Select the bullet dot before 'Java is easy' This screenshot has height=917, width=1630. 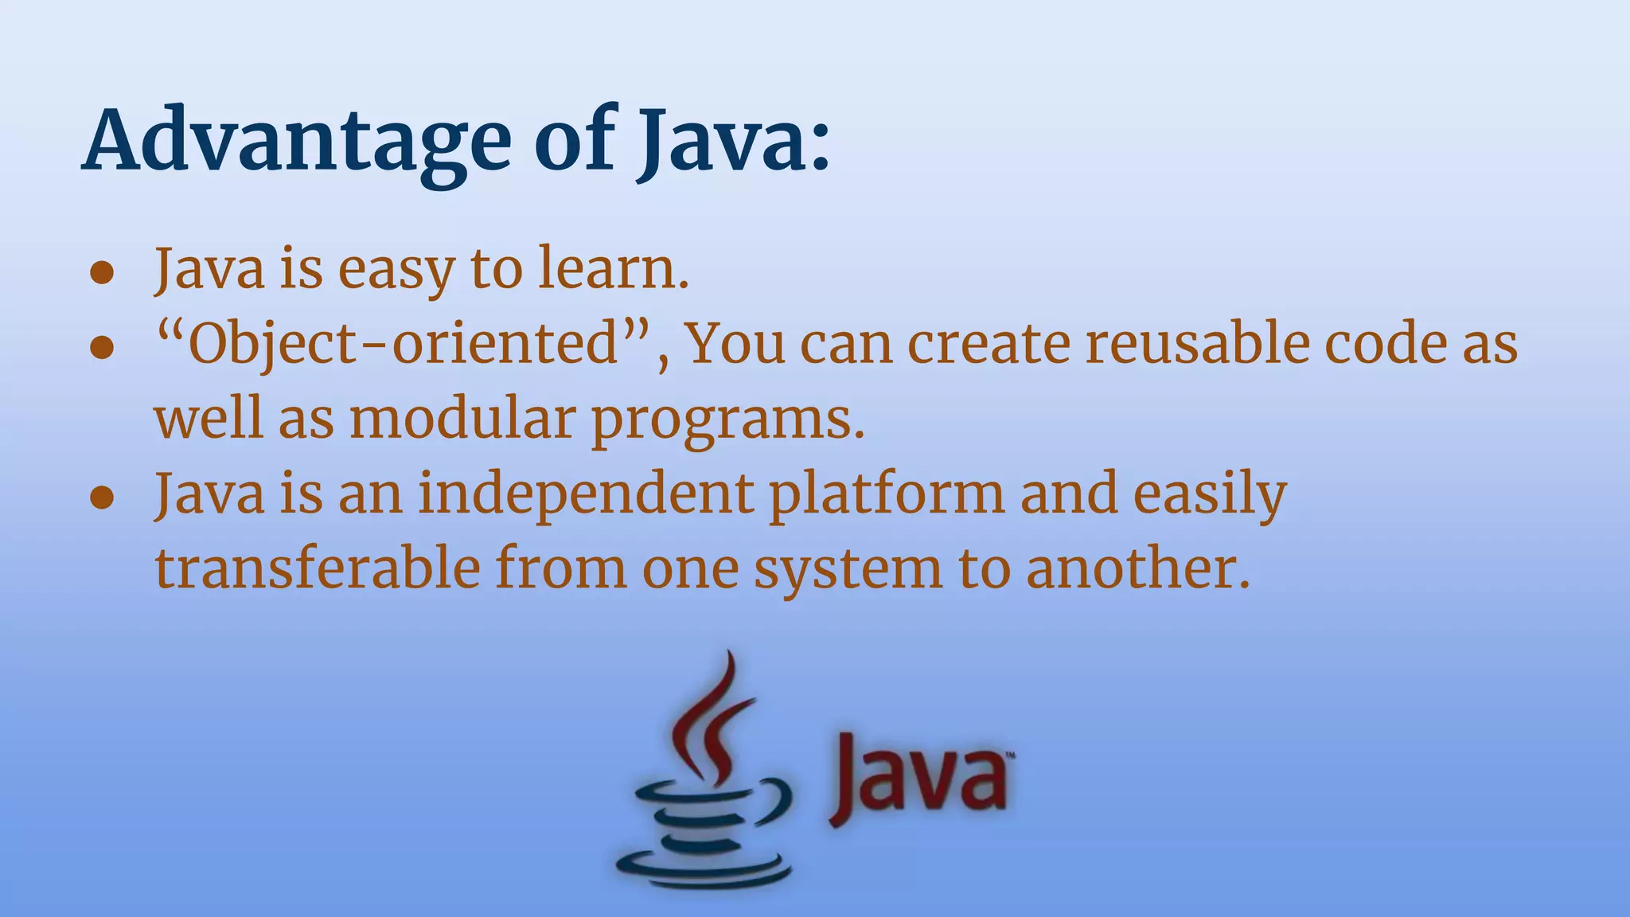[x=102, y=273]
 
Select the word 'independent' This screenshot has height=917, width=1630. [x=586, y=493]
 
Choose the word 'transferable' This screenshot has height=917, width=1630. [x=318, y=568]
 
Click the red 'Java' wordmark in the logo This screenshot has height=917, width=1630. [x=919, y=776]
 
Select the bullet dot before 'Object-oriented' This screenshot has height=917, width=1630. [x=102, y=348]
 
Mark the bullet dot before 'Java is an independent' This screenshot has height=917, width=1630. [x=102, y=498]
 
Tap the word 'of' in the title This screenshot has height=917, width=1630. [x=574, y=142]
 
